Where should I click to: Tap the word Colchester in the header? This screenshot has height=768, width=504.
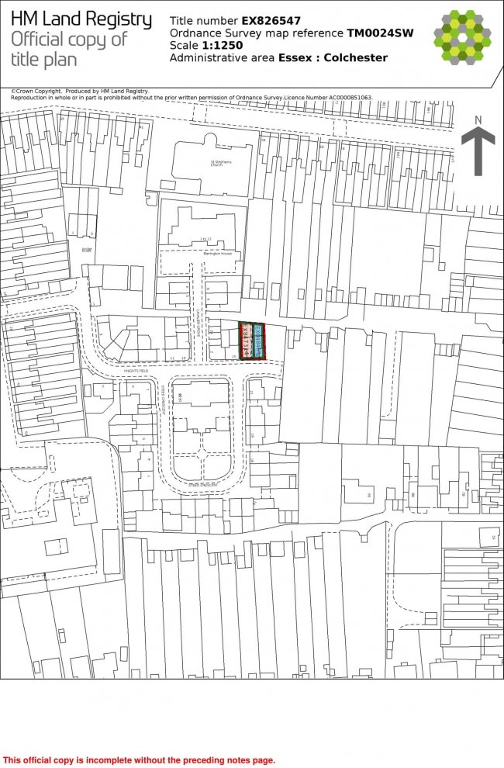pyautogui.click(x=356, y=58)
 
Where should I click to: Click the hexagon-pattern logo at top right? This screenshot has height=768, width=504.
pyautogui.click(x=463, y=37)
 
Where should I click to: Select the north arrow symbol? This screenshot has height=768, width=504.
pyautogui.click(x=478, y=152)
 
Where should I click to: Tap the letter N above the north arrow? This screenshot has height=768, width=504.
pyautogui.click(x=478, y=119)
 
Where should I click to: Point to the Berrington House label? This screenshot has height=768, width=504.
pyautogui.click(x=216, y=253)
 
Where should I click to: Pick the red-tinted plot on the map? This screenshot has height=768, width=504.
pyautogui.click(x=247, y=341)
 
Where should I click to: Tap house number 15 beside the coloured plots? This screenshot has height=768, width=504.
pyautogui.click(x=233, y=356)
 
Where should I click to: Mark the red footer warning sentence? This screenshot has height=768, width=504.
pyautogui.click(x=140, y=760)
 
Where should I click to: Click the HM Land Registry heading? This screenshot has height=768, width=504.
pyautogui.click(x=81, y=19)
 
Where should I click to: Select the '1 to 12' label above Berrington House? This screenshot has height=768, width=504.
pyautogui.click(x=205, y=238)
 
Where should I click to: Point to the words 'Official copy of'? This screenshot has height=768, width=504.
pyautogui.click(x=68, y=40)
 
